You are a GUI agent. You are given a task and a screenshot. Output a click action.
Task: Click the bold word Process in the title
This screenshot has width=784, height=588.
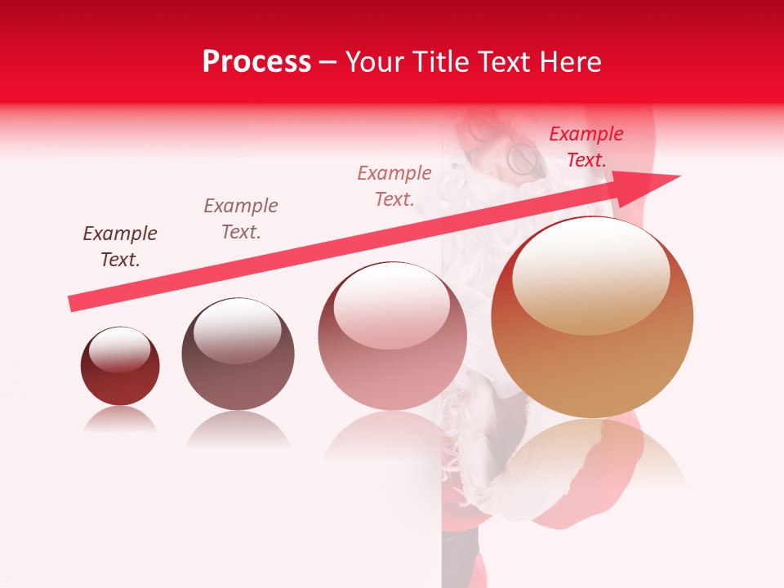tap(256, 62)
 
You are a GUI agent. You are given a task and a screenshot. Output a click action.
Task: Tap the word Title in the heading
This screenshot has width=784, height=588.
tap(441, 62)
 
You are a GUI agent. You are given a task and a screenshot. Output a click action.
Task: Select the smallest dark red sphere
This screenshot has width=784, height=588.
tap(120, 366)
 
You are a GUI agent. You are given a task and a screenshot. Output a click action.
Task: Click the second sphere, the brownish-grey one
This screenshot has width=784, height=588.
tap(238, 354)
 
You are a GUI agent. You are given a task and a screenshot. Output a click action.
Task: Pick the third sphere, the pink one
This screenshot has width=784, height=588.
tap(392, 336)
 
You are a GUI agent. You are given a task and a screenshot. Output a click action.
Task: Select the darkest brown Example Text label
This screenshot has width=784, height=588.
tap(119, 247)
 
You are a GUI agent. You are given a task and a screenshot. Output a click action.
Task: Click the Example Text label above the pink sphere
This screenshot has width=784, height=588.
tap(394, 185)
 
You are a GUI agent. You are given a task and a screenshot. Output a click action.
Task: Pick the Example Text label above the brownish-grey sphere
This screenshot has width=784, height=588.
tap(240, 218)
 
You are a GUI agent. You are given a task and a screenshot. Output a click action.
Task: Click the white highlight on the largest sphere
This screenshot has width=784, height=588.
tap(591, 276)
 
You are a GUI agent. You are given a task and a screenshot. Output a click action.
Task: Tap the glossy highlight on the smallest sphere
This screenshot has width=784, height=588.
tap(120, 350)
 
